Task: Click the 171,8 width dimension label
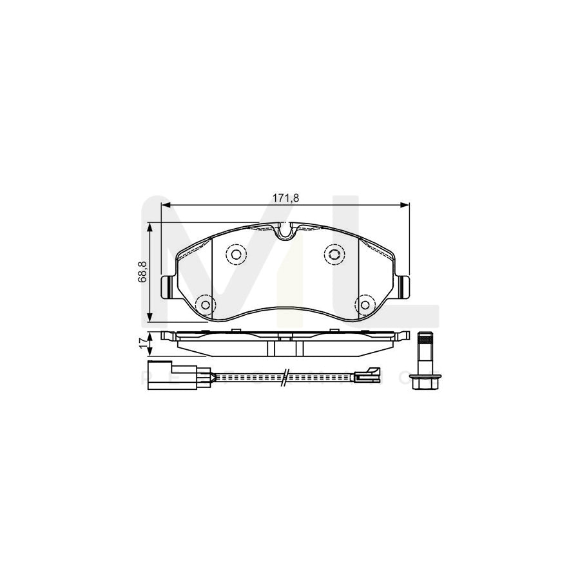point(285,197)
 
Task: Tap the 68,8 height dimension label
point(142,272)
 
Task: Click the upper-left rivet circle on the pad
point(235,255)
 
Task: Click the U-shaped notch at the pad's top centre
point(284,231)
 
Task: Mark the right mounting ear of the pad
point(405,285)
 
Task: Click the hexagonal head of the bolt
point(425,381)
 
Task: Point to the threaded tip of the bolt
point(425,337)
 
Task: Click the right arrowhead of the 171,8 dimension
point(407,206)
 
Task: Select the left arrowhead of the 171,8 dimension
point(164,206)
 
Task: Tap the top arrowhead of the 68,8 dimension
point(150,226)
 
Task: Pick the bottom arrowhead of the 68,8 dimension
point(150,318)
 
